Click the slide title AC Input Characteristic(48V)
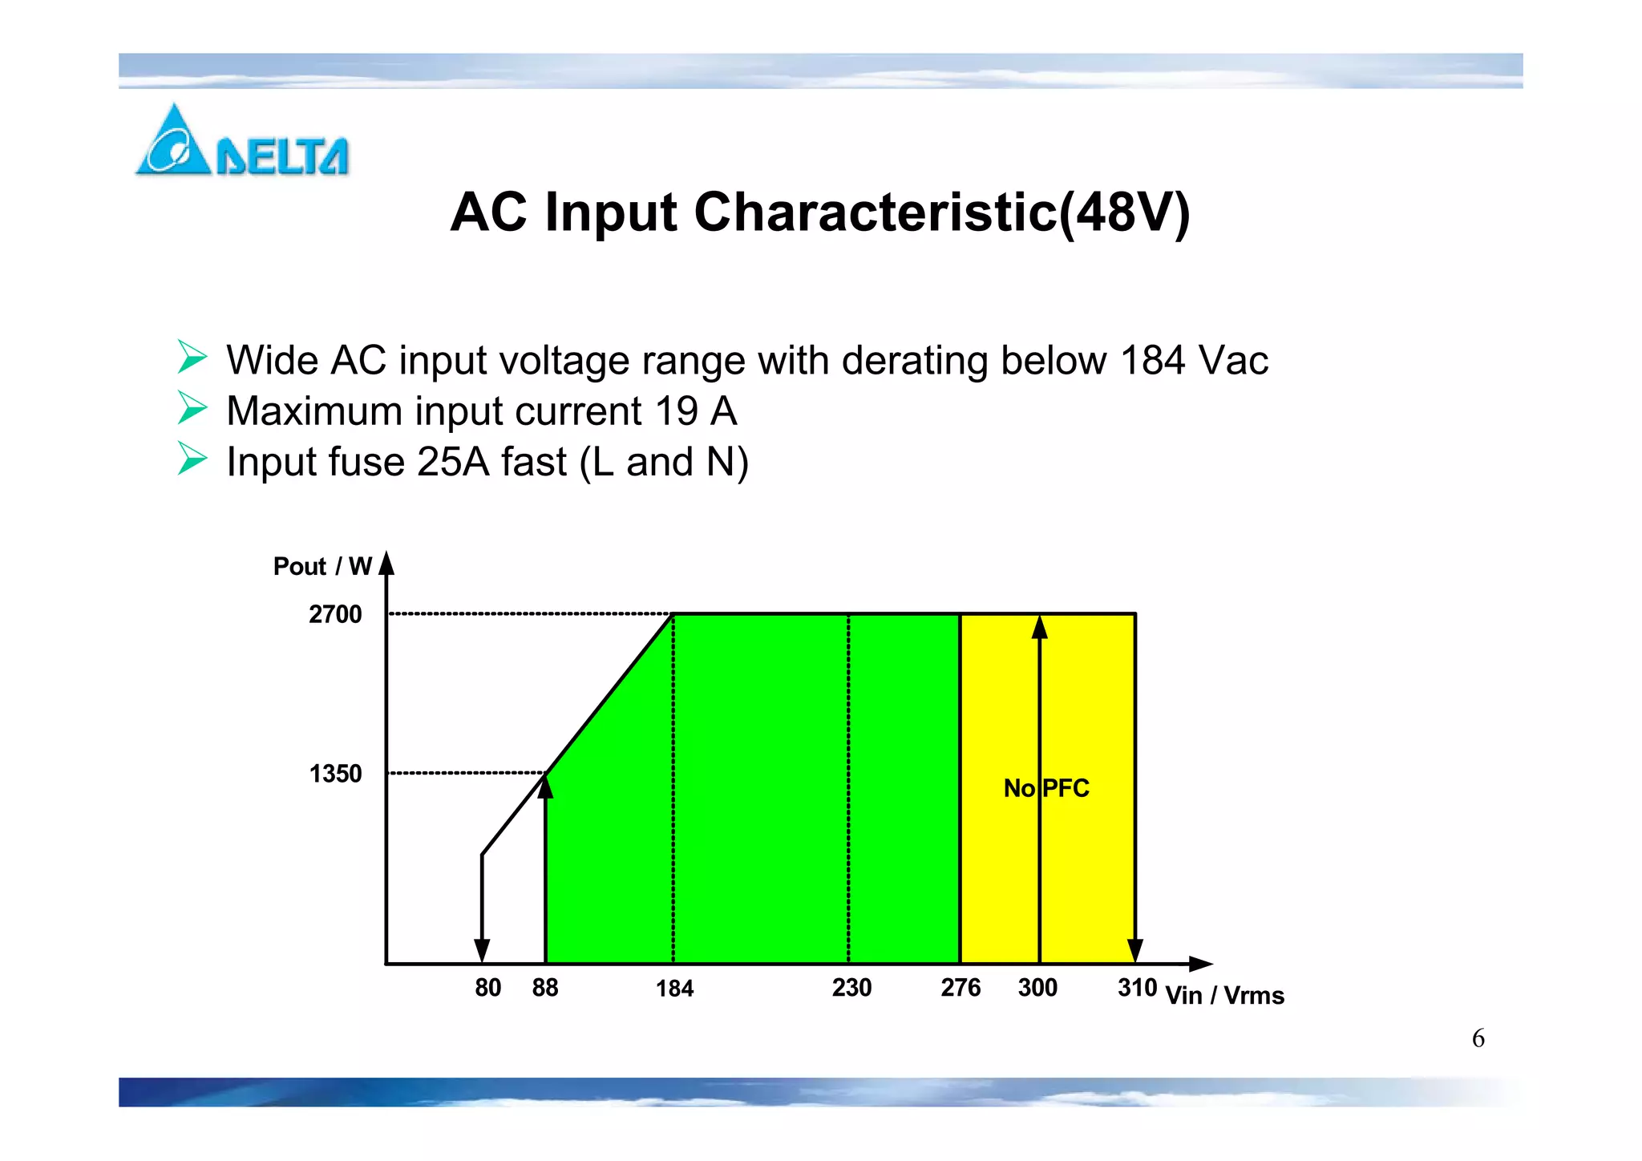tap(819, 212)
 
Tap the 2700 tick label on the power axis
tap(335, 614)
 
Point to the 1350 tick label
tap(335, 774)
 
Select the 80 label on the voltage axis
tap(487, 988)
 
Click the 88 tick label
tap(545, 988)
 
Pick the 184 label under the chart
tap(674, 989)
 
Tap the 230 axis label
tap(851, 988)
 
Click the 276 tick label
tap(961, 988)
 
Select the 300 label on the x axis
tap(1037, 988)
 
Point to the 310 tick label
tap(1137, 988)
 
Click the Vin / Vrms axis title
tap(1224, 996)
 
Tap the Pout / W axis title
tap(322, 567)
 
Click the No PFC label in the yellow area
tap(1046, 788)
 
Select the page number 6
tap(1478, 1038)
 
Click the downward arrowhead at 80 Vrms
tap(482, 951)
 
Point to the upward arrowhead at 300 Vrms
tap(1040, 627)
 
